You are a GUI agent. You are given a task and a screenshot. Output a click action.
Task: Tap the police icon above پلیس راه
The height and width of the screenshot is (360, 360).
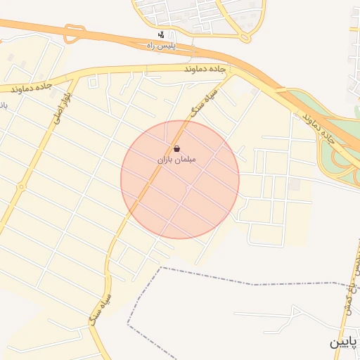tap(162, 35)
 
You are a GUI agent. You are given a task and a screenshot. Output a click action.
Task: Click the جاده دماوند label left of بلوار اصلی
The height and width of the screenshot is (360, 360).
tap(32, 88)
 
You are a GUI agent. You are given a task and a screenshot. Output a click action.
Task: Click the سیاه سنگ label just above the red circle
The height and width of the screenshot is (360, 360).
tap(202, 102)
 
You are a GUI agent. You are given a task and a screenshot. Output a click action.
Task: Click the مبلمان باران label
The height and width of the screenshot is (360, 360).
tap(176, 160)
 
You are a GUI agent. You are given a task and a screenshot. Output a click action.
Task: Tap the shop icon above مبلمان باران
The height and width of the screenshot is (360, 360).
tap(176, 149)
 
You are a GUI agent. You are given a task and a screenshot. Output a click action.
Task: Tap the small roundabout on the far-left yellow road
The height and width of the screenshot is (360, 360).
tap(21, 187)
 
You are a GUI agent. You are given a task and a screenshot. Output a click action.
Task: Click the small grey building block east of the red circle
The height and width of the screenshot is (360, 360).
tap(296, 184)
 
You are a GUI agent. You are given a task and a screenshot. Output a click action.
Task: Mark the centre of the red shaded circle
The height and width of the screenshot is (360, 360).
tap(180, 179)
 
